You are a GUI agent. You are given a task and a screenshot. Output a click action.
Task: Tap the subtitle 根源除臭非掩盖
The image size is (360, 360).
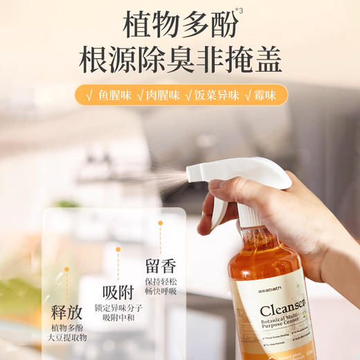179,61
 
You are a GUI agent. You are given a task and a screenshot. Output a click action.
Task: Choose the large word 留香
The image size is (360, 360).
161,265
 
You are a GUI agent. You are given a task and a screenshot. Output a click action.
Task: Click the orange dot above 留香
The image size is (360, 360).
160,223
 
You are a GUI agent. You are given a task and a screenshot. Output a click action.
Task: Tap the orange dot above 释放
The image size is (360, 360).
67,269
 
